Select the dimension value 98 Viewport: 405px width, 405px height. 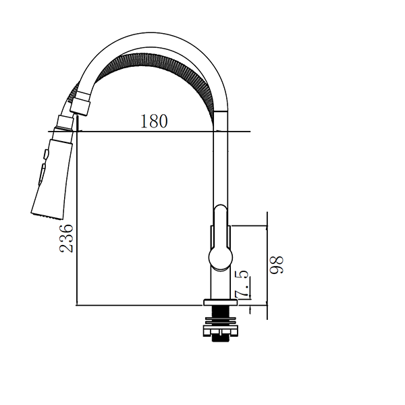coord(277,263)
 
